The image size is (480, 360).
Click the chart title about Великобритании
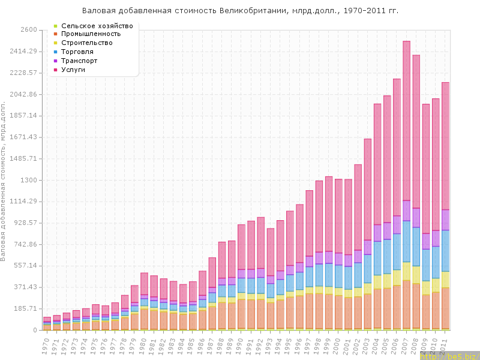coord(240,11)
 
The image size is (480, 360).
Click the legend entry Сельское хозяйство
coord(97,25)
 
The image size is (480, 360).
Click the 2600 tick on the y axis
coord(29,30)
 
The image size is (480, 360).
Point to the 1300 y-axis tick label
coord(29,180)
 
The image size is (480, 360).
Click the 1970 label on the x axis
coord(46,344)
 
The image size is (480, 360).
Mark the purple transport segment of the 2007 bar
coord(407,211)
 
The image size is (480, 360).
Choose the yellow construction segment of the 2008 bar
coord(416,275)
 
